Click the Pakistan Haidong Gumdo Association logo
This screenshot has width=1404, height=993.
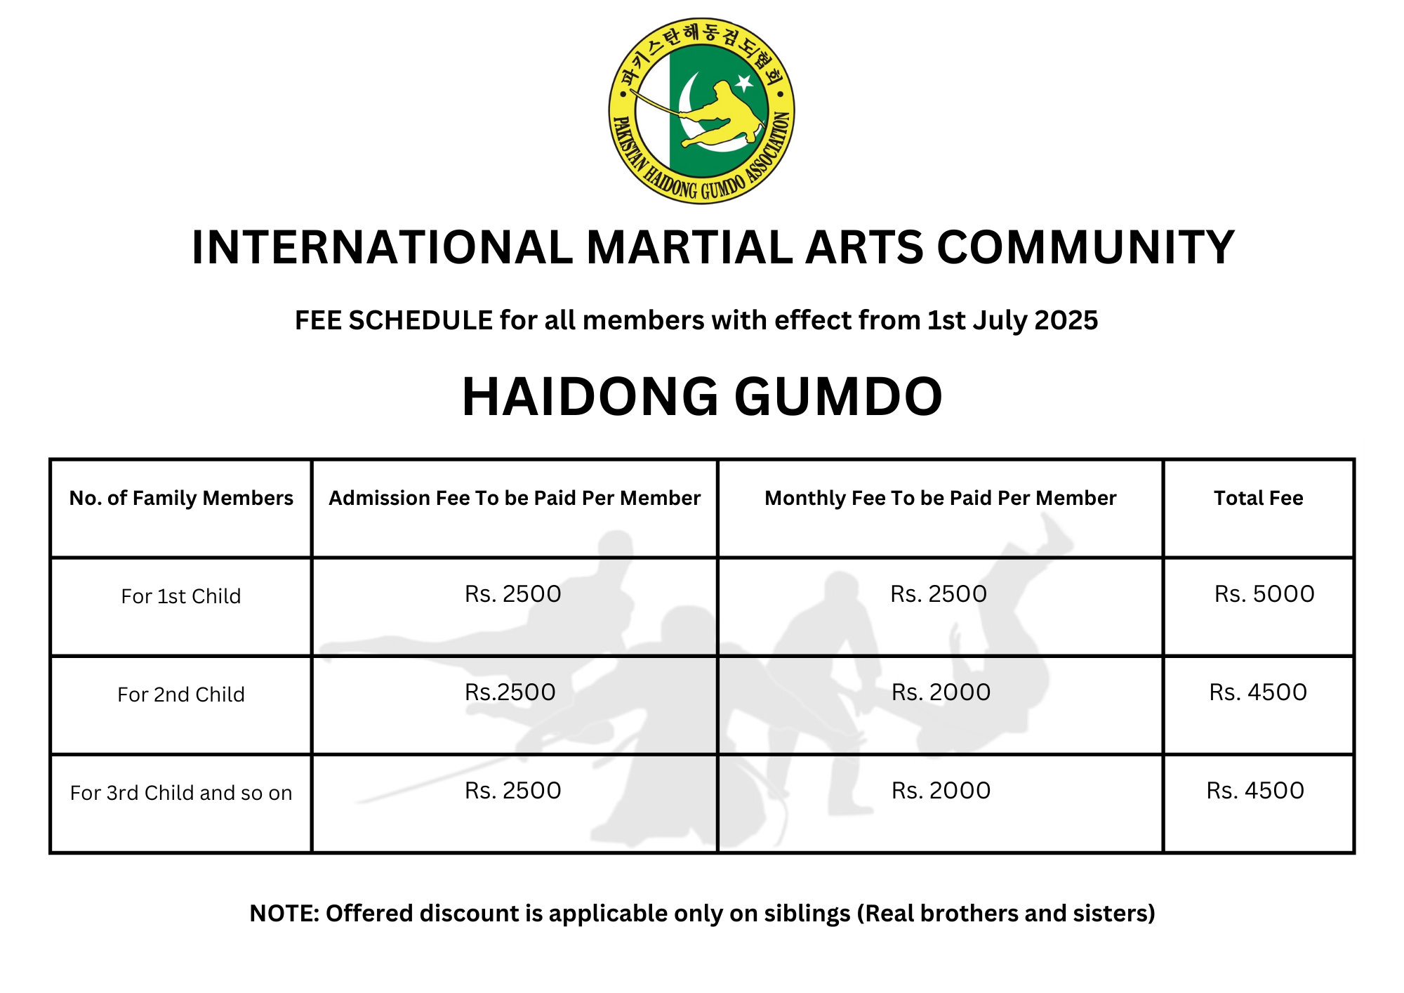(701, 111)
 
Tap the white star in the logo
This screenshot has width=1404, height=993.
(744, 84)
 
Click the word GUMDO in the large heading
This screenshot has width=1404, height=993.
(838, 397)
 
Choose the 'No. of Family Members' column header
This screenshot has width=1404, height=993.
(181, 498)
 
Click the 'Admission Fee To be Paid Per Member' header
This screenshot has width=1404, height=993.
(515, 498)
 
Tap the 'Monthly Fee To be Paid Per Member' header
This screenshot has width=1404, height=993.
(940, 498)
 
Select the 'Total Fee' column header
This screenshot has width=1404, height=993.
(1258, 498)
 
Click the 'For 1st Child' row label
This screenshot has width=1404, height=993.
(181, 596)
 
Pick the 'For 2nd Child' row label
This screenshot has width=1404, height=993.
(181, 695)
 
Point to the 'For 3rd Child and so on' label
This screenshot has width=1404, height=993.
(181, 793)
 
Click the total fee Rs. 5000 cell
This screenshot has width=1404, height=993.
(1264, 594)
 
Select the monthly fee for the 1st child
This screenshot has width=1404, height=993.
(939, 594)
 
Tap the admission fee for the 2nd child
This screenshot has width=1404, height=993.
(510, 692)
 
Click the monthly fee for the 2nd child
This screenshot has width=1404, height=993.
(941, 692)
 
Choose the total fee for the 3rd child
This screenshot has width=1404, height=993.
(1255, 791)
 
